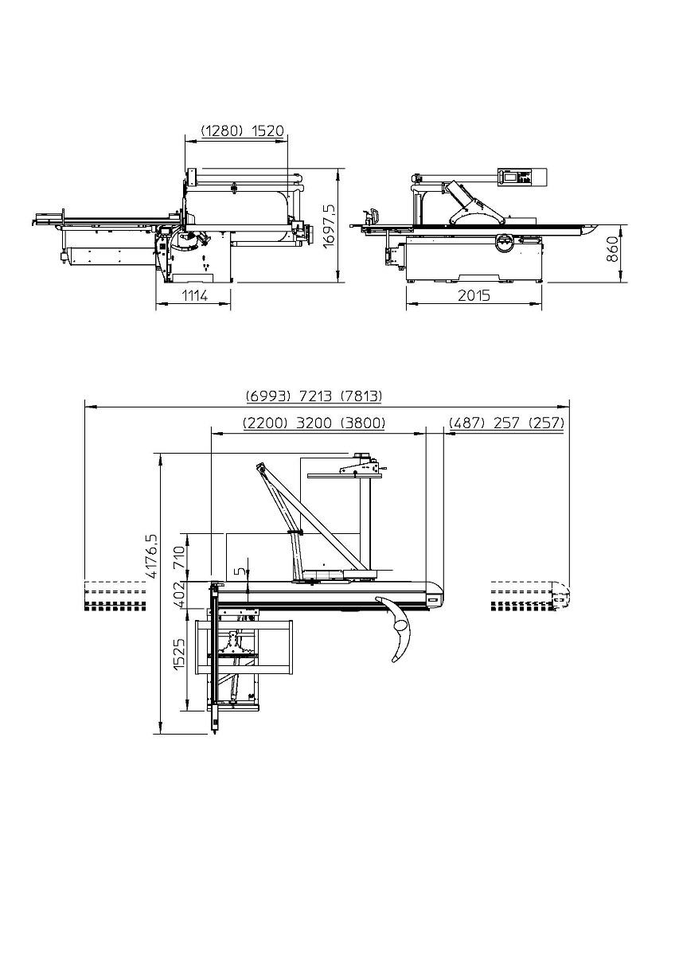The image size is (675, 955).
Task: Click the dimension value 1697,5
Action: click(x=330, y=226)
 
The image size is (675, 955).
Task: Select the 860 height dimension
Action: click(x=612, y=249)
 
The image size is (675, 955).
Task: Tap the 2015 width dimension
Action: click(x=474, y=295)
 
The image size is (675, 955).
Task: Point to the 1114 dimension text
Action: click(x=195, y=295)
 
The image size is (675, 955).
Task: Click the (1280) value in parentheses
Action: click(x=222, y=131)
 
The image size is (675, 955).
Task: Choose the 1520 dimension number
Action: click(x=267, y=131)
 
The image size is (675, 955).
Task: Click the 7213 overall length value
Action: click(x=315, y=396)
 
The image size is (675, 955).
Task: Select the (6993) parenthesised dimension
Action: click(x=268, y=396)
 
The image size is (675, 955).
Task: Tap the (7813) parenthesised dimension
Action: click(x=361, y=396)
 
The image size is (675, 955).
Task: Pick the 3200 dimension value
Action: click(x=314, y=423)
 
